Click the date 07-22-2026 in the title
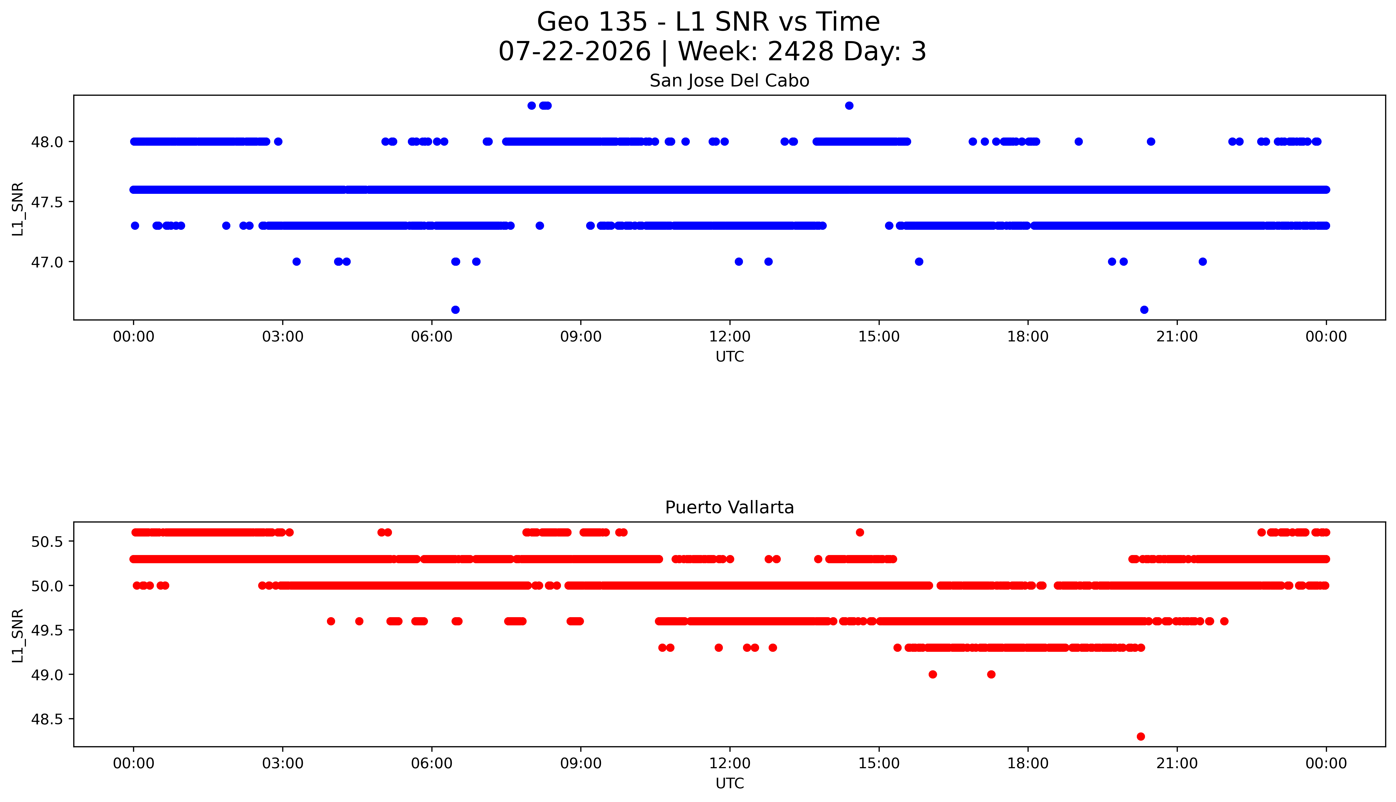[574, 52]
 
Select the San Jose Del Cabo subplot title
[729, 81]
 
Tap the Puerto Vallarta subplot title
[729, 507]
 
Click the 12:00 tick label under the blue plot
[730, 337]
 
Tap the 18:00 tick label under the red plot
[1028, 763]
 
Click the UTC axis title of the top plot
[729, 357]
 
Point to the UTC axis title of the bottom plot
[729, 783]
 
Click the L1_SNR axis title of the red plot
[18, 636]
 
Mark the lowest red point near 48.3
[1140, 736]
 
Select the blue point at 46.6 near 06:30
[455, 310]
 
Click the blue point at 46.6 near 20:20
[1144, 310]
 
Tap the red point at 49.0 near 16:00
[932, 674]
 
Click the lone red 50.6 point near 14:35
[859, 532]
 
